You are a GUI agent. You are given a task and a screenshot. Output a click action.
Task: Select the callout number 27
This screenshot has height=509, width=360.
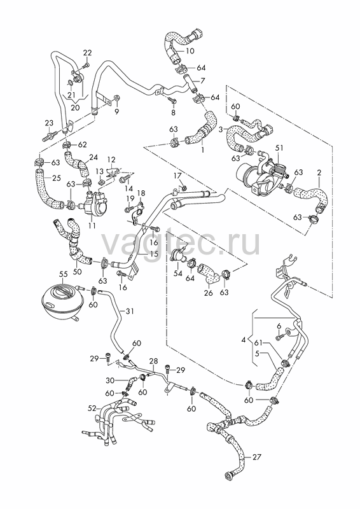(x=256, y=457)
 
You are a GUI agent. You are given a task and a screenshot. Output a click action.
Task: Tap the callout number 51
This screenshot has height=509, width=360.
(x=279, y=148)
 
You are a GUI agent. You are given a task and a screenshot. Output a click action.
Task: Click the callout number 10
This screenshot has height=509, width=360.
(x=190, y=51)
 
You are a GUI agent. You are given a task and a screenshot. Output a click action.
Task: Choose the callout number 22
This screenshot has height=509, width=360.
(x=87, y=53)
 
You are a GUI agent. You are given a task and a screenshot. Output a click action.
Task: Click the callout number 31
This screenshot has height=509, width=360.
(x=130, y=311)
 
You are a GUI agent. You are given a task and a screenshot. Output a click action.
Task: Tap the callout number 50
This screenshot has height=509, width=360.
(x=77, y=271)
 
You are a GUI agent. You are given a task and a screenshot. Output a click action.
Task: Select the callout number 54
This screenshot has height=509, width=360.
(x=178, y=274)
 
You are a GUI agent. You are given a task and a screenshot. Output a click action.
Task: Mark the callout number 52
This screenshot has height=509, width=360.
(x=93, y=408)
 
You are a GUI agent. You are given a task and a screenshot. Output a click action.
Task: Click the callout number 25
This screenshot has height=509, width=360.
(x=56, y=178)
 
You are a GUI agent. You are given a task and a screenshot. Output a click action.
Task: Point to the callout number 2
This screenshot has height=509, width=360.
(x=319, y=172)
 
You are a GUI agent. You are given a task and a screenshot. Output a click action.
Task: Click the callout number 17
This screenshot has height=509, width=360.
(x=177, y=176)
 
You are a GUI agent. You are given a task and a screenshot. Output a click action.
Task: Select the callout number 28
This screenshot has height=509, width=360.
(x=153, y=361)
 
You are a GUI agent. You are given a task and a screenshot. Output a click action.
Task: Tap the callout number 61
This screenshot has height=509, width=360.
(x=258, y=343)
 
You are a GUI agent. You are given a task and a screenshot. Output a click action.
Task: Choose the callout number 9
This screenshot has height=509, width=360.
(x=116, y=112)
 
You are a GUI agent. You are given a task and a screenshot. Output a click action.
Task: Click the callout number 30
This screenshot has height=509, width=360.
(x=110, y=380)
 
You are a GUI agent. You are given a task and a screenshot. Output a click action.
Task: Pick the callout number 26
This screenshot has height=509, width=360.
(x=209, y=293)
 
